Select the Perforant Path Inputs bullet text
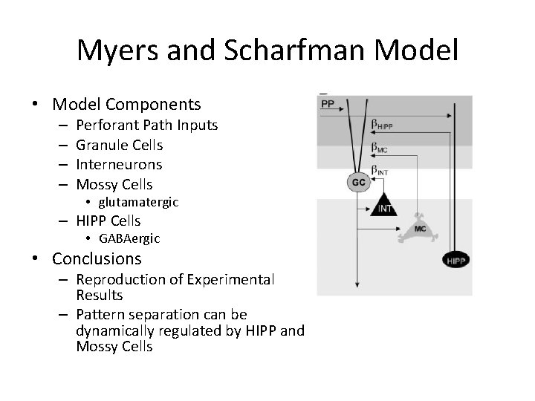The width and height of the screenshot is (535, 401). tap(147, 125)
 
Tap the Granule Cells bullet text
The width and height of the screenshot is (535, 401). tap(120, 145)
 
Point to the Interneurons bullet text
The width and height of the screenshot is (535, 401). tap(119, 164)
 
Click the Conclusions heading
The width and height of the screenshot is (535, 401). tap(97, 259)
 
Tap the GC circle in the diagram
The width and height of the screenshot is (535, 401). tap(358, 181)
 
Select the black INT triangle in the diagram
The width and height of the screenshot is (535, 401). tap(385, 206)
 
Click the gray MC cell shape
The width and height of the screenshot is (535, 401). tap(420, 229)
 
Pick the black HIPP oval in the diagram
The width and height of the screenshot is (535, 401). tap(455, 259)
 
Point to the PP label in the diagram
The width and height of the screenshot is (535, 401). tap(327, 105)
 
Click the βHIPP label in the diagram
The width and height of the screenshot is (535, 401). tap(382, 125)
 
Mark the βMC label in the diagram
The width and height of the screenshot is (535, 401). tap(379, 149)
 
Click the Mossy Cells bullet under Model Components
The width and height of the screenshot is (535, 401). tap(114, 183)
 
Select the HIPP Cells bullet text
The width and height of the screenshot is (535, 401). tap(108, 221)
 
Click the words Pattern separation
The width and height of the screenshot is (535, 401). tap(161, 315)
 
